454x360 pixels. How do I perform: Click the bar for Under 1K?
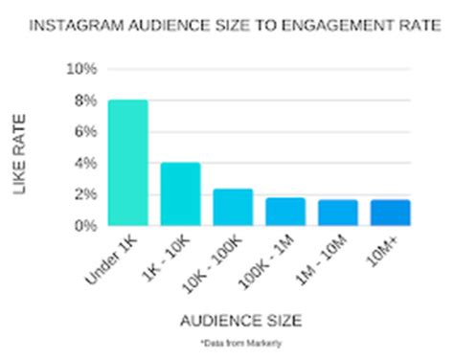128,163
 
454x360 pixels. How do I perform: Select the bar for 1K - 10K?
180,194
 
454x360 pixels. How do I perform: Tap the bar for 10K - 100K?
233,208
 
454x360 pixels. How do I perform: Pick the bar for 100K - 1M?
285,212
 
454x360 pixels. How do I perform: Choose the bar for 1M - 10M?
338,213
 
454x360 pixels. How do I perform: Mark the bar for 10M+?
391,213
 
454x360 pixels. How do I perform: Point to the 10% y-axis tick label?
80,69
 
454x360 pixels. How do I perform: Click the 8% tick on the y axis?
84,101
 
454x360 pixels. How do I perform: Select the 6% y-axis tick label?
84,132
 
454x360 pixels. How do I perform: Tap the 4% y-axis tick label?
84,164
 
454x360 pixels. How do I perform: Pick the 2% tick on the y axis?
84,194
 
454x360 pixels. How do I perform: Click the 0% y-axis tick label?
84,226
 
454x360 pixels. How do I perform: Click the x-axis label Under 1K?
112,259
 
